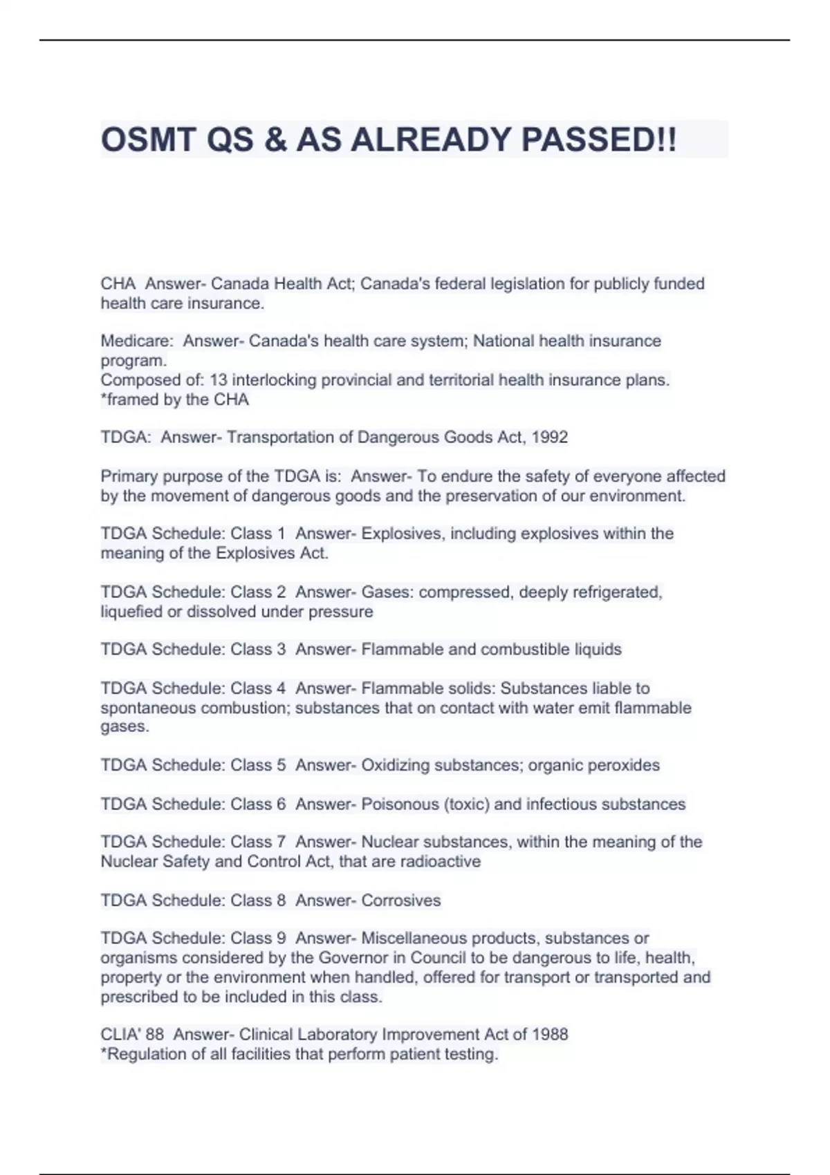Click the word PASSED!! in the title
tap(599, 140)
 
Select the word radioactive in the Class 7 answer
tap(441, 861)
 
